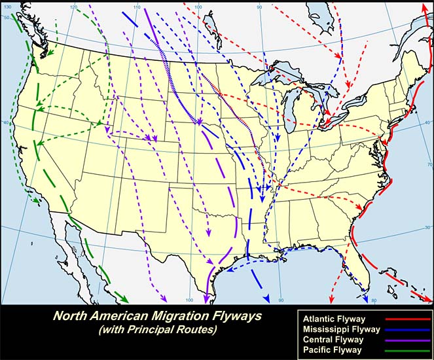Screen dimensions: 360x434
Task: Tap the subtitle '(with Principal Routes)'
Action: pyautogui.click(x=157, y=331)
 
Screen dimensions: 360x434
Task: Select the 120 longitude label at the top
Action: pyautogui.click(x=73, y=7)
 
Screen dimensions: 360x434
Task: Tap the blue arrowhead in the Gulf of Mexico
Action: pyautogui.click(x=266, y=299)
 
